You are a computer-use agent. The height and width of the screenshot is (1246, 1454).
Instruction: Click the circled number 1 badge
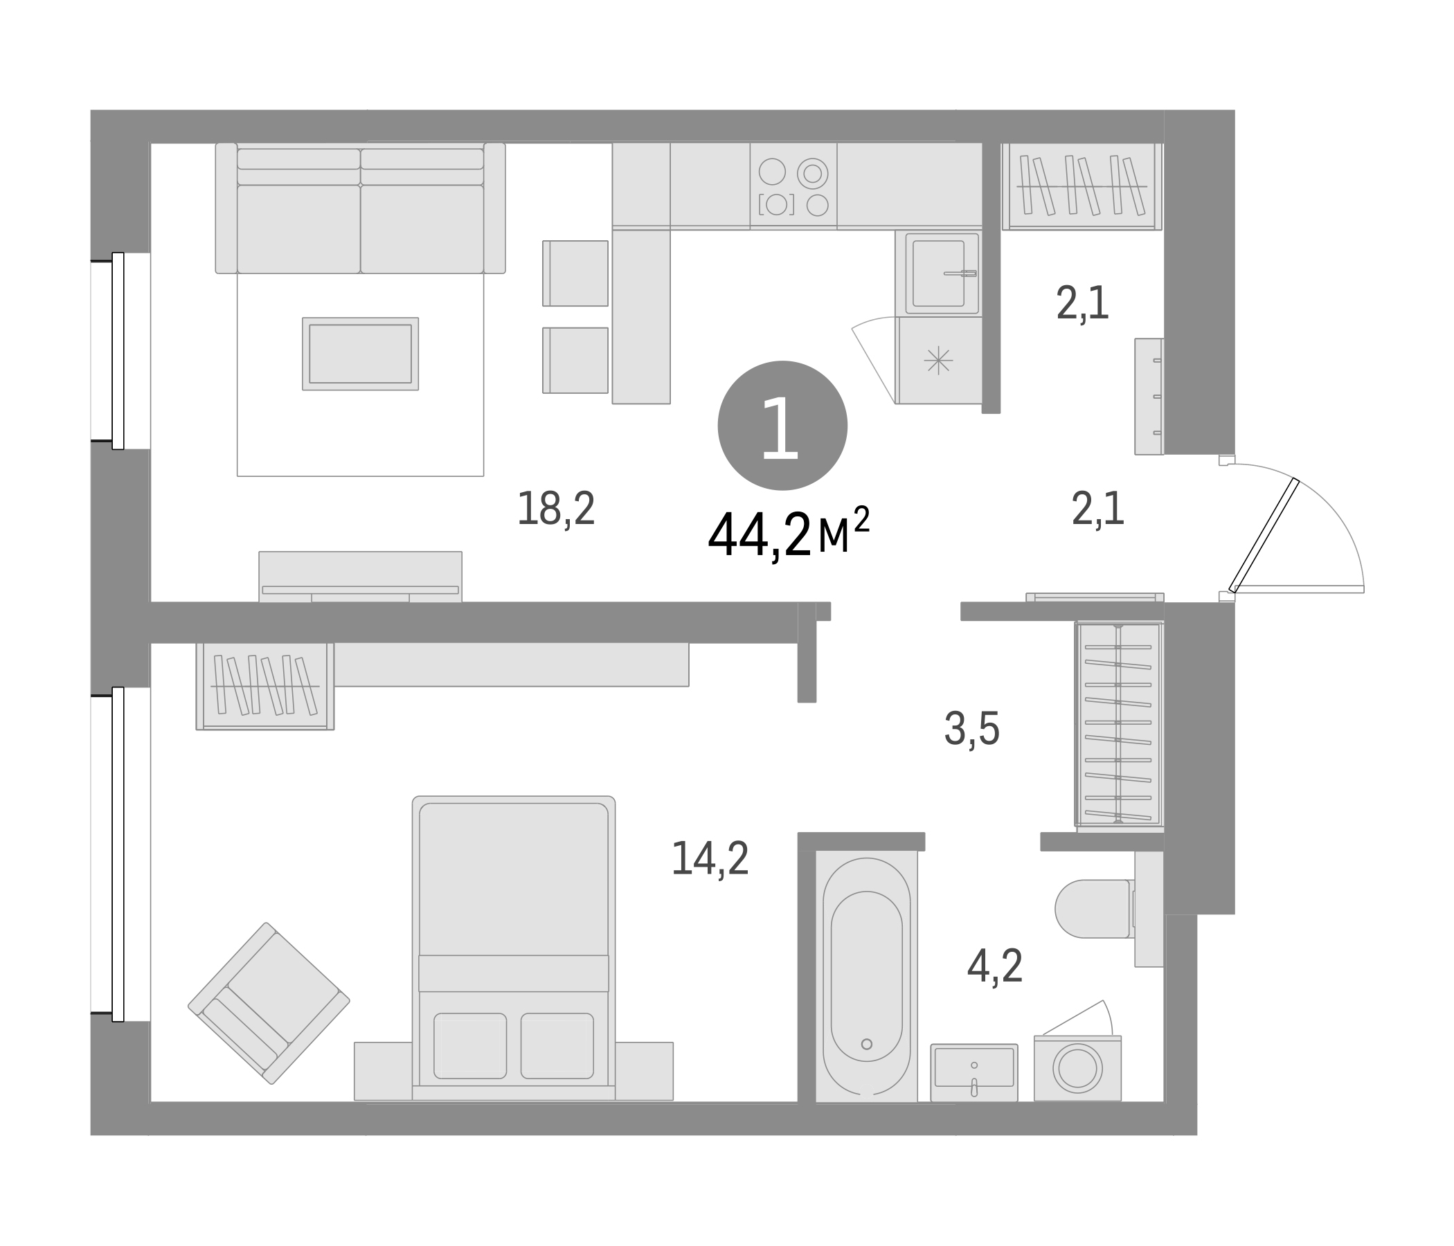[782, 425]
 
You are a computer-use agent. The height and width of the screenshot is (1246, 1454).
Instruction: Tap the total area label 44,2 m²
[787, 535]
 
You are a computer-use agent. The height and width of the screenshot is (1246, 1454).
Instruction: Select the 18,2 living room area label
[556, 509]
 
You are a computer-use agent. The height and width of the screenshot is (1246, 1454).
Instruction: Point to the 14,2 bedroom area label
[710, 858]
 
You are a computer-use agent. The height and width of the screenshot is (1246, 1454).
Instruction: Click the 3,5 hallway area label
[971, 729]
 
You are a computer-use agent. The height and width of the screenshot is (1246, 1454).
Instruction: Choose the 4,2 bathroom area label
[994, 966]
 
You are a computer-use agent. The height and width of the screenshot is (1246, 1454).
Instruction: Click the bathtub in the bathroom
[866, 975]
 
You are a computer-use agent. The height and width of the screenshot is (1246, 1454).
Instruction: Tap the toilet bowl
[1091, 908]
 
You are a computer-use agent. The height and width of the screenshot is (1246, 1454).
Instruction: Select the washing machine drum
[1077, 1069]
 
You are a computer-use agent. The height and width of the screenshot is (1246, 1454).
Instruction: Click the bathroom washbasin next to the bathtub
[973, 1072]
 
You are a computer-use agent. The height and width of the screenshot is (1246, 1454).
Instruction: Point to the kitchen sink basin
[938, 273]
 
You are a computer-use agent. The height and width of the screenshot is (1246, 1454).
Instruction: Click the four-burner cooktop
[793, 187]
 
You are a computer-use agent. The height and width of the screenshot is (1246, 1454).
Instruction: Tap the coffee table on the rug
[360, 354]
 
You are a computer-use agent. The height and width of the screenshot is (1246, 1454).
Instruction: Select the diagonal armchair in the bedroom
[269, 1002]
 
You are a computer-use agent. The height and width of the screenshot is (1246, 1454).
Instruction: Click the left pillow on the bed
[469, 1045]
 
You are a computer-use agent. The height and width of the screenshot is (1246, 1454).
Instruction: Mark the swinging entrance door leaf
[1263, 535]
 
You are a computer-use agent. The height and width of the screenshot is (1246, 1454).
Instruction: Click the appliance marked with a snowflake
[938, 361]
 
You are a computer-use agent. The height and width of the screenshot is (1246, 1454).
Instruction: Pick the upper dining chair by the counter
[575, 273]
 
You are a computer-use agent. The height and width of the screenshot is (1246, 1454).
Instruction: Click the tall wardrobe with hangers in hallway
[1118, 723]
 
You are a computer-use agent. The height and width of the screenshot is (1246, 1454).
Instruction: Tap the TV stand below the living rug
[360, 576]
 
